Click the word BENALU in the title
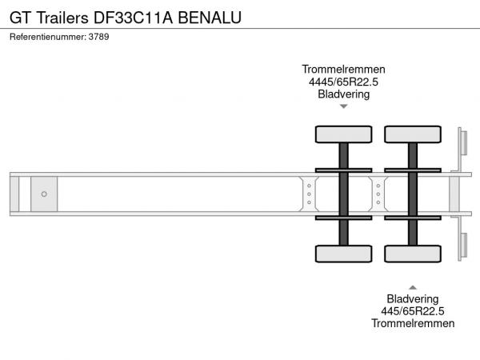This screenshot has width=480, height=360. tap(210, 18)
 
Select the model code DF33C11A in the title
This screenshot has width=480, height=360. tap(133, 18)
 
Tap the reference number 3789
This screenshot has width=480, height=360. tap(98, 37)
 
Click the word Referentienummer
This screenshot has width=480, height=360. tap(48, 37)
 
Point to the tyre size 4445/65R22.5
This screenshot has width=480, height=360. tap(343, 82)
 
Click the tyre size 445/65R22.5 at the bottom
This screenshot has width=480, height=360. tap(413, 311)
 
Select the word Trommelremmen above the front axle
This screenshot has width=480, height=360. tap(343, 69)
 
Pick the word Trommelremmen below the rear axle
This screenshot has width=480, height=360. tap(413, 323)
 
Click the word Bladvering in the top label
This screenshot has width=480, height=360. tap(343, 94)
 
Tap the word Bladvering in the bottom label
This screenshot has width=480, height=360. tap(413, 298)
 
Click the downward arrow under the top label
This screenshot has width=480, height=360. tap(344, 106)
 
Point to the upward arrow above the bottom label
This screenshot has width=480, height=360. tap(413, 287)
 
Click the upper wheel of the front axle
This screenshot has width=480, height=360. tap(343, 134)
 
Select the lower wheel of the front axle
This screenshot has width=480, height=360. tap(343, 254)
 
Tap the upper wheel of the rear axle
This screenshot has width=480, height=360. tap(413, 134)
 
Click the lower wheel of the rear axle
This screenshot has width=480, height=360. tap(413, 254)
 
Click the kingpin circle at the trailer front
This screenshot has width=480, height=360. tap(44, 194)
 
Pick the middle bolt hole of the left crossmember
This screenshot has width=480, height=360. tap(309, 194)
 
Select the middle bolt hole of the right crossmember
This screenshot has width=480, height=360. tap(378, 194)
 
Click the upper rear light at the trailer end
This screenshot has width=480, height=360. tap(464, 143)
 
